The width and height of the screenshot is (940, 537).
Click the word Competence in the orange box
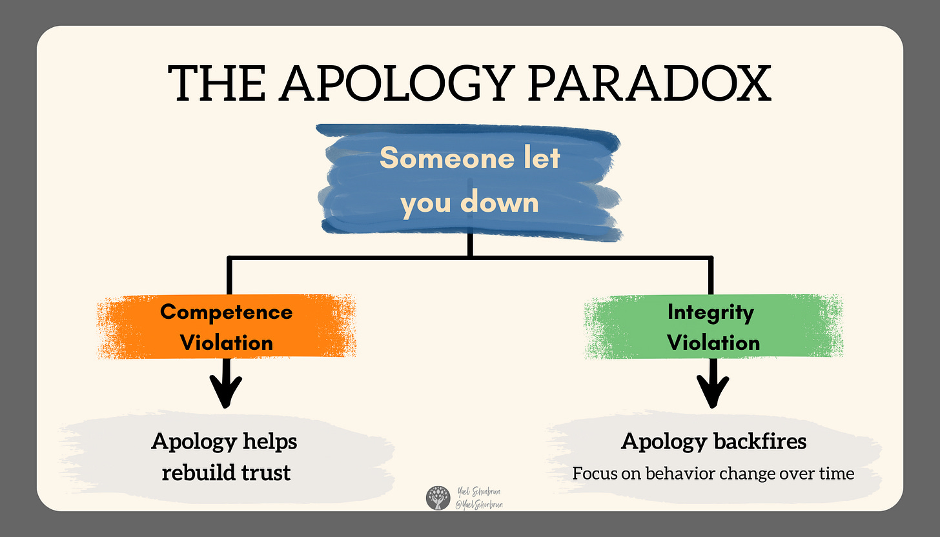(226, 312)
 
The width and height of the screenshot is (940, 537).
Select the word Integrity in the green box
(710, 312)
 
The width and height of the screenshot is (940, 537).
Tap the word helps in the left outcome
(270, 441)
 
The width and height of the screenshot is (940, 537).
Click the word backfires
(761, 441)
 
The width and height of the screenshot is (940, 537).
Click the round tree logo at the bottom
(437, 499)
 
